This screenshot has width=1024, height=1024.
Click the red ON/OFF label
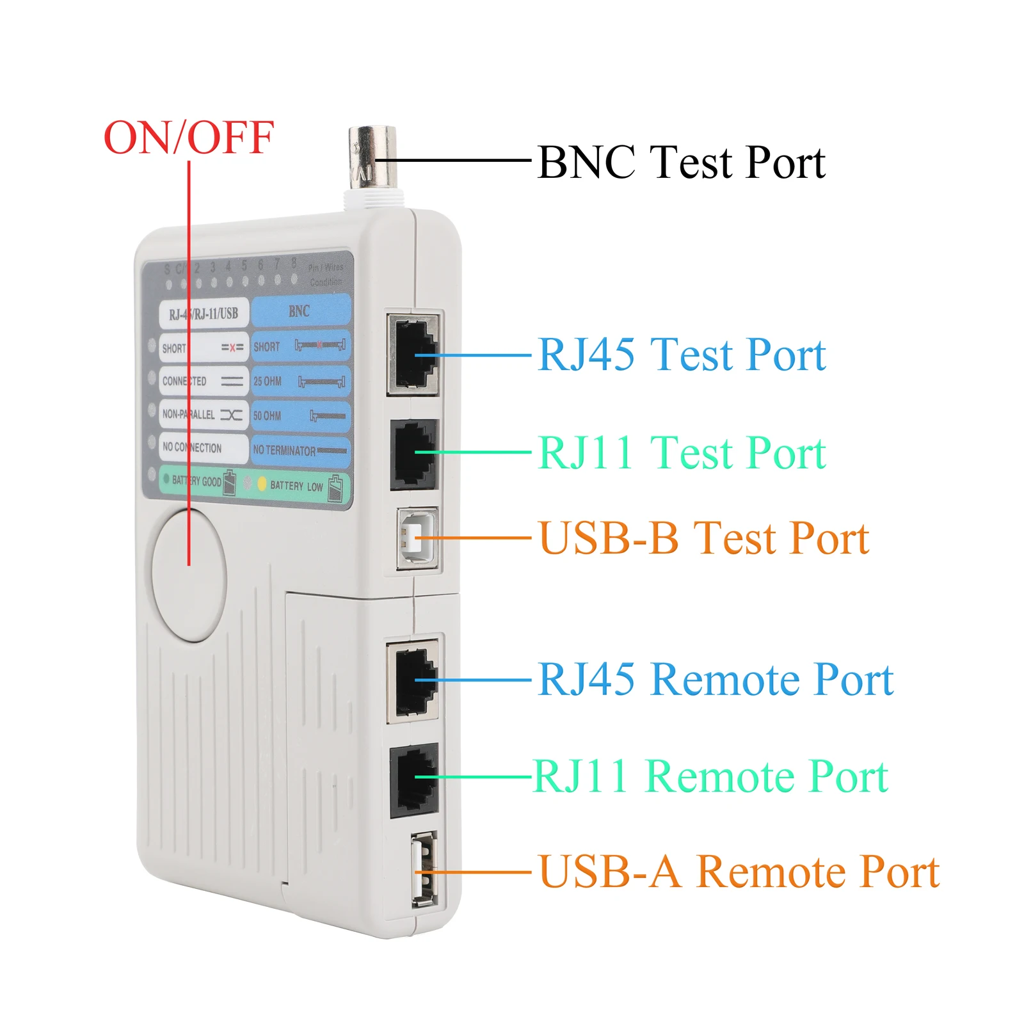[x=189, y=138]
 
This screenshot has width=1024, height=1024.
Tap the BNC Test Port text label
[x=681, y=162]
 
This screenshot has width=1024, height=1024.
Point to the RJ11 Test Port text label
[x=681, y=452]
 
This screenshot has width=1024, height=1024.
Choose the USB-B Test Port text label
[x=703, y=538]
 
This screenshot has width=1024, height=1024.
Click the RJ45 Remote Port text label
[x=715, y=679]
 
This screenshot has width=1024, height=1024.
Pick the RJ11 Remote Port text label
[x=710, y=776]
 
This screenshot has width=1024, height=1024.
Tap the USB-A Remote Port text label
[x=739, y=872]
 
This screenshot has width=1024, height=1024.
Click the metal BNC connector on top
[x=372, y=160]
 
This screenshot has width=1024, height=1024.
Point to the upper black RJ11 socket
[x=414, y=454]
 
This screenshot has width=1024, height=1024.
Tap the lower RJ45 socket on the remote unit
[x=414, y=680]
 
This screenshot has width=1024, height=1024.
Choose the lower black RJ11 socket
[x=414, y=779]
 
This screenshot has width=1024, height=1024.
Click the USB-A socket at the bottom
[x=425, y=868]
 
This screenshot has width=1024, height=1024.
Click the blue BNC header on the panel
[x=300, y=312]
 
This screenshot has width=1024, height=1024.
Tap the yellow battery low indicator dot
[x=262, y=484]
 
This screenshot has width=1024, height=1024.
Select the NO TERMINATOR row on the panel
[x=300, y=451]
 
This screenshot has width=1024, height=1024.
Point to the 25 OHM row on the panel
[x=300, y=381]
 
